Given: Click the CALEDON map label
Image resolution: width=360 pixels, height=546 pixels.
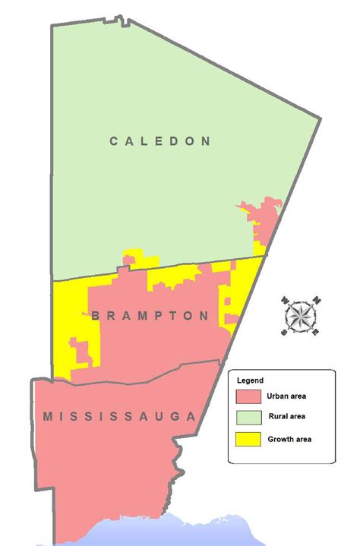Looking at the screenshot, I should coord(159,140).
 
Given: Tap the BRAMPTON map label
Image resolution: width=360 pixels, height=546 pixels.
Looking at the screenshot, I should coord(150,316).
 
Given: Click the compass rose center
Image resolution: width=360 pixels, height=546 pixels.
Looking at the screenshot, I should coord(302,314).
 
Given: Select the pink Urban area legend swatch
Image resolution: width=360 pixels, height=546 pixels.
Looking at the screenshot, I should coord(249,396).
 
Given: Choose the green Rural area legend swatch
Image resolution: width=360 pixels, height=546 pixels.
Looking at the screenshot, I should coord(249,418).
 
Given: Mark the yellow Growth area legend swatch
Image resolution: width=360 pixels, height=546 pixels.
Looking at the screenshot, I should coord(249,439).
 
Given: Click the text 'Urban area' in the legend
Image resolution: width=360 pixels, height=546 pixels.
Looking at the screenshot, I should coord(286,396).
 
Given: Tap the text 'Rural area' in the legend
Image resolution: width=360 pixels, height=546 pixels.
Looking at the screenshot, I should coord(286,417).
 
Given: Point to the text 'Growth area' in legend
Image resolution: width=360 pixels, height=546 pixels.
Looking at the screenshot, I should coord(289,438).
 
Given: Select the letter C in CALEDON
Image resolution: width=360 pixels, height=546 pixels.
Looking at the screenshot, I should coord(114,140).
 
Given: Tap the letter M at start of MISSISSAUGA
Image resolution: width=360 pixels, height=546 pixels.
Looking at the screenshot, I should coord(48,416).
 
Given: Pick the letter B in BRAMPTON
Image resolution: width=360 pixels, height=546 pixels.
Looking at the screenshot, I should coord(95,316).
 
